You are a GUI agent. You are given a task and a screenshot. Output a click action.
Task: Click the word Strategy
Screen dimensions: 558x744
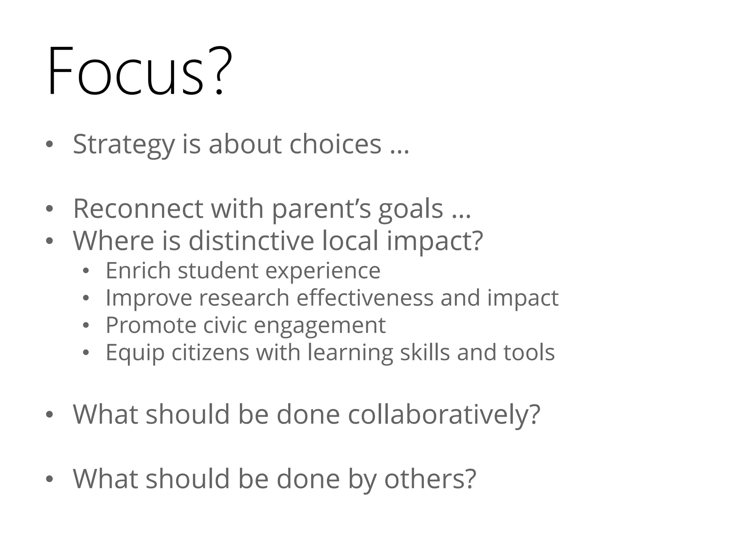[124, 145]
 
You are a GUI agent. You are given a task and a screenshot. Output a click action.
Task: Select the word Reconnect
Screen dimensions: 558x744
[138, 209]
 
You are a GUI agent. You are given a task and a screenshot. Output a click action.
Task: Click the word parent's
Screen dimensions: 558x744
[322, 209]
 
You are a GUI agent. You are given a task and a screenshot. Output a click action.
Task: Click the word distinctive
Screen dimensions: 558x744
[251, 240]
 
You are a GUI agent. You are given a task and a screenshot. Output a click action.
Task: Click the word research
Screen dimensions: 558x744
[244, 298]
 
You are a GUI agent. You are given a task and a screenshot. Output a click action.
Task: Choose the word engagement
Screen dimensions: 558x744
[319, 325]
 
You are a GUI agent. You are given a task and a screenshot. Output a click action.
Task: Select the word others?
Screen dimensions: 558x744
[430, 479]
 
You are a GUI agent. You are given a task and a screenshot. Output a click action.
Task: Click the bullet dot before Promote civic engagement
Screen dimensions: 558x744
[86, 325]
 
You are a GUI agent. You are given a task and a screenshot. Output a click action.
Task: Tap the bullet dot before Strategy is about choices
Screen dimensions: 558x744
[49, 145]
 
